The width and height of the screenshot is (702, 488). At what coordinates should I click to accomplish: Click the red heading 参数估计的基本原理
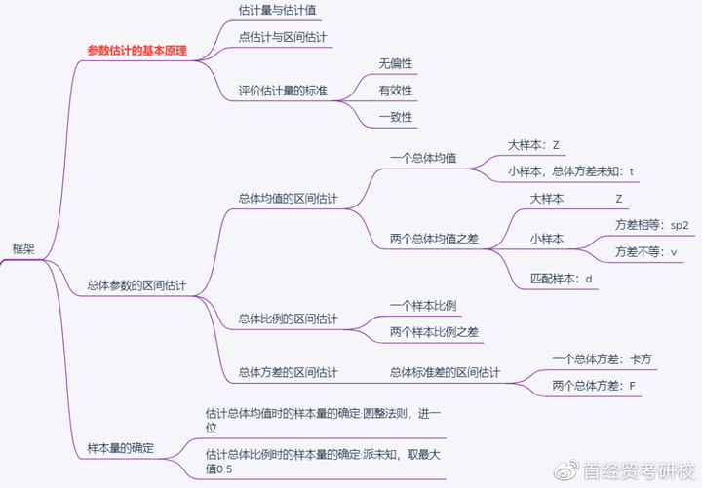coord(137,51)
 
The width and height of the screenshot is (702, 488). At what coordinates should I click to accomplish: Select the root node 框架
coord(23,248)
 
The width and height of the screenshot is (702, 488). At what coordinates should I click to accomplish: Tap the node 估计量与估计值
coord(277,10)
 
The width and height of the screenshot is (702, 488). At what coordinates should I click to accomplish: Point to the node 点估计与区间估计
coord(283,37)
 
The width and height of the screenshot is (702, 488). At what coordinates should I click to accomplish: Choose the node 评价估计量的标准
coord(283,91)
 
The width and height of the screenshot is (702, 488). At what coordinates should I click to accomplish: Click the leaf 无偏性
coord(395,64)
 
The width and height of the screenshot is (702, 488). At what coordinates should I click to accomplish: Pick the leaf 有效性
coord(395,91)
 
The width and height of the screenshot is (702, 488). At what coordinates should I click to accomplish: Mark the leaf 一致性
coord(395,117)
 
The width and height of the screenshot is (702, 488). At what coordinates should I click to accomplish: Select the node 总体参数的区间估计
coord(136,285)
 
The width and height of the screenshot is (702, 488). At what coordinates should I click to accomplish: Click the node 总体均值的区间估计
coord(288,198)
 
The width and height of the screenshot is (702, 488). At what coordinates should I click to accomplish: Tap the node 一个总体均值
coord(423,158)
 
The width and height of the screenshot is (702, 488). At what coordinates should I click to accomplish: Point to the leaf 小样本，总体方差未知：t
coord(570,171)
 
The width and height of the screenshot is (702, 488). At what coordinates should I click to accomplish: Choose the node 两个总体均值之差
coord(434,239)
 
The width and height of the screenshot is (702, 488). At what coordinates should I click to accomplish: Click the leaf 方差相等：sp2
coord(652,225)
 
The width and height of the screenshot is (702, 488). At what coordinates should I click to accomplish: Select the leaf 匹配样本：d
coord(561,279)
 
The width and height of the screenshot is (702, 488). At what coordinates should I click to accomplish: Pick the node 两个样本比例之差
coord(434,332)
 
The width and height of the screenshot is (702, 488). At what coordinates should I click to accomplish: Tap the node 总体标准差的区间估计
coord(445,372)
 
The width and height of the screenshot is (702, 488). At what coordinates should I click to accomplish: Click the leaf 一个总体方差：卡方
coord(602,359)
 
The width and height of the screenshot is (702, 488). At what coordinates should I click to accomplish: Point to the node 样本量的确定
coord(121,448)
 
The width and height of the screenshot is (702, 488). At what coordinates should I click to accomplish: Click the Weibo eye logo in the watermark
coord(566,470)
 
